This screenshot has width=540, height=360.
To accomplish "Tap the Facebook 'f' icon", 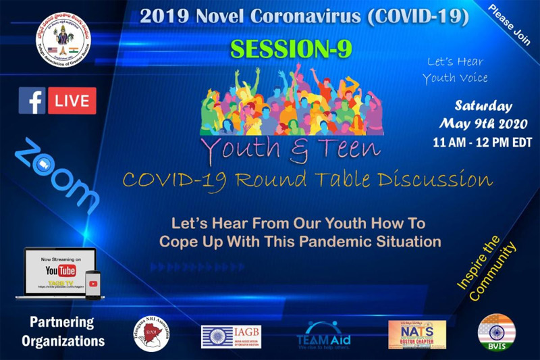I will pyautogui.click(x=32, y=101).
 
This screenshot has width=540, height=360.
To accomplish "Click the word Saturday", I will pyautogui.click(x=483, y=106).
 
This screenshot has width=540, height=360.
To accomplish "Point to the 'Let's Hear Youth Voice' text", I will pyautogui.click(x=455, y=70).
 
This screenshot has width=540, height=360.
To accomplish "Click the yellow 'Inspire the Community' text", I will pyautogui.click(x=487, y=269).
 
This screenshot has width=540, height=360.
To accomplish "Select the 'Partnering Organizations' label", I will pyautogui.click(x=62, y=331).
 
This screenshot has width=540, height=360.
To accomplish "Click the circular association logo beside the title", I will pyautogui.click(x=65, y=42).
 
